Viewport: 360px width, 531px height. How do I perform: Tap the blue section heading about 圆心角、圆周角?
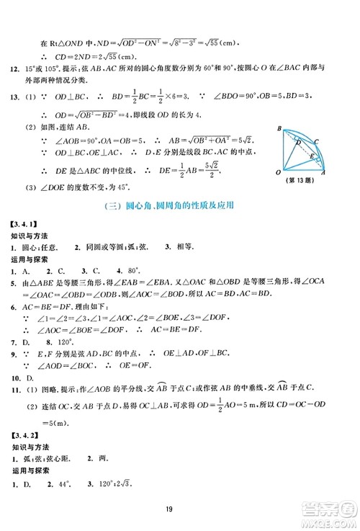180,205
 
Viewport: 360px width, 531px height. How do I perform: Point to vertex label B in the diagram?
279,128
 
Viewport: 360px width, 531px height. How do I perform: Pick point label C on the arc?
318,141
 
